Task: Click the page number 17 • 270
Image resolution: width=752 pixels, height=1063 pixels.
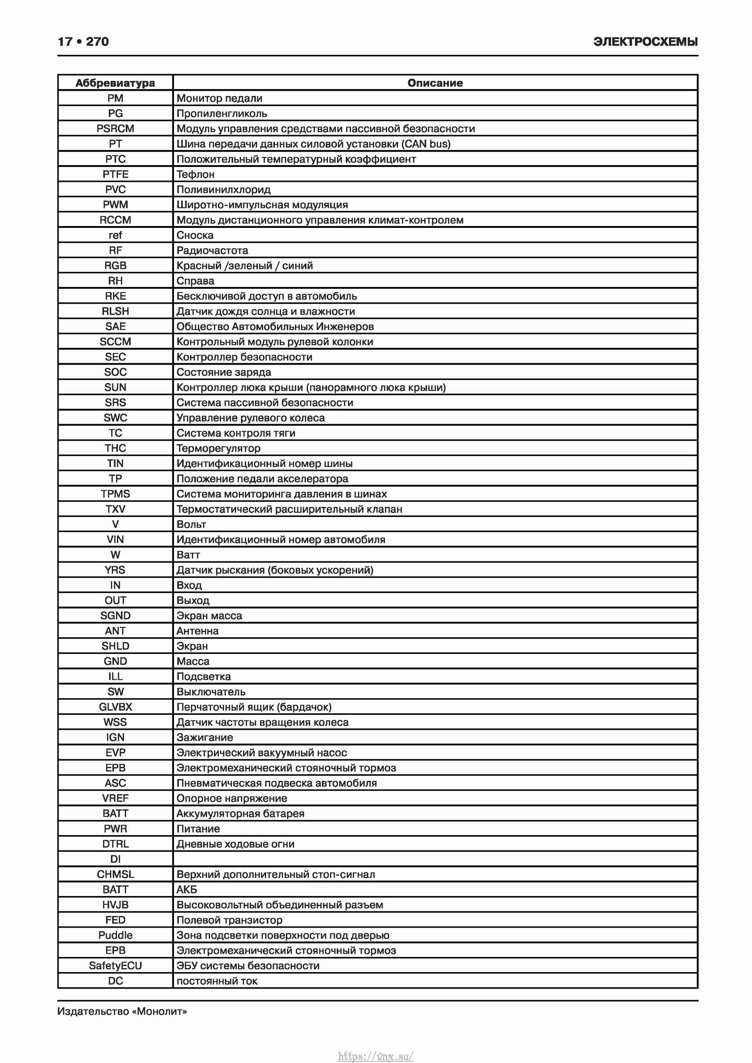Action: click(x=83, y=42)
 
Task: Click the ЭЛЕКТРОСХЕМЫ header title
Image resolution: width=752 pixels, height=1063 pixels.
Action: click(x=645, y=42)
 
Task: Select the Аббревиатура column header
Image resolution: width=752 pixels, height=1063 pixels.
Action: click(x=115, y=83)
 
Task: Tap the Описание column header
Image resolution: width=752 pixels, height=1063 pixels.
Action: click(x=435, y=83)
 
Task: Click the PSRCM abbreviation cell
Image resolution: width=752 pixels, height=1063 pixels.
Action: click(x=115, y=129)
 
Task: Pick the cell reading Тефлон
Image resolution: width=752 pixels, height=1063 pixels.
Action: click(x=196, y=174)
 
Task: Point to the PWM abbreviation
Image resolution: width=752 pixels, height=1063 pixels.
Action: click(x=115, y=205)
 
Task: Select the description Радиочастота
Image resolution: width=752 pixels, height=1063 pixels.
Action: click(x=212, y=250)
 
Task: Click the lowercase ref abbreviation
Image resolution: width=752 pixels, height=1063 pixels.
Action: click(x=115, y=235)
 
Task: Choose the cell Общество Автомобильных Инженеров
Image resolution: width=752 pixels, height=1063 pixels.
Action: click(x=275, y=326)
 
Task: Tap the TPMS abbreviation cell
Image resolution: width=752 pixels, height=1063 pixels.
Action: click(x=115, y=494)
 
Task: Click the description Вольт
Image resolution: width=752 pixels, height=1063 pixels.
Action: click(x=191, y=525)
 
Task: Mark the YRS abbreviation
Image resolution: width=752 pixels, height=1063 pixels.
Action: click(x=115, y=570)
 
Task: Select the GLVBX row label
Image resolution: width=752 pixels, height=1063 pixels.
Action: click(x=115, y=707)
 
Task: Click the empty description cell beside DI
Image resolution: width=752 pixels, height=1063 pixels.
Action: click(x=435, y=859)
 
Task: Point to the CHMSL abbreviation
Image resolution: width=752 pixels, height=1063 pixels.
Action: click(x=115, y=875)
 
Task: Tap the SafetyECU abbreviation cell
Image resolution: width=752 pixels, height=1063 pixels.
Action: click(x=115, y=966)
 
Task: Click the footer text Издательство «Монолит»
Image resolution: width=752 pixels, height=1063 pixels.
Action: click(x=122, y=1011)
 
